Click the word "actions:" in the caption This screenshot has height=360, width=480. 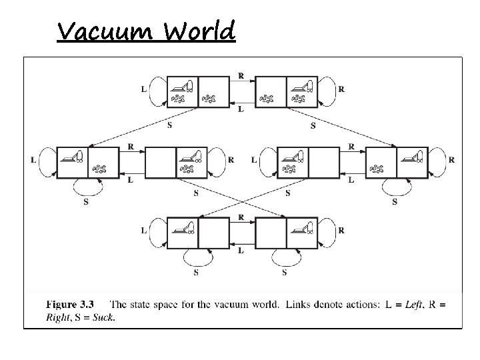pyautogui.click(x=361, y=305)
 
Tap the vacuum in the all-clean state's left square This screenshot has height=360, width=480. pyautogui.click(x=182, y=228)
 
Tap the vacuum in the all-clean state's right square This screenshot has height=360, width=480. pyautogui.click(x=303, y=228)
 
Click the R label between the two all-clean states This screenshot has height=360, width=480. pyautogui.click(x=241, y=217)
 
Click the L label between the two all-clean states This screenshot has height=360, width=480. pyautogui.click(x=241, y=251)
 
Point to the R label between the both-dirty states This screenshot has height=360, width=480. pyautogui.click(x=241, y=75)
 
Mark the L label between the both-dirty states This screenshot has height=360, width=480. pyautogui.click(x=241, y=109)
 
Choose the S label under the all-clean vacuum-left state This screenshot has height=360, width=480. pyautogui.click(x=196, y=271)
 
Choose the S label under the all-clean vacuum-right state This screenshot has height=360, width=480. pyautogui.click(x=285, y=271)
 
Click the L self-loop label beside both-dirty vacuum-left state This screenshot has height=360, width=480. pyautogui.click(x=145, y=87)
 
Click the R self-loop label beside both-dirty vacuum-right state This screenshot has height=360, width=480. pyautogui.click(x=341, y=87)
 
